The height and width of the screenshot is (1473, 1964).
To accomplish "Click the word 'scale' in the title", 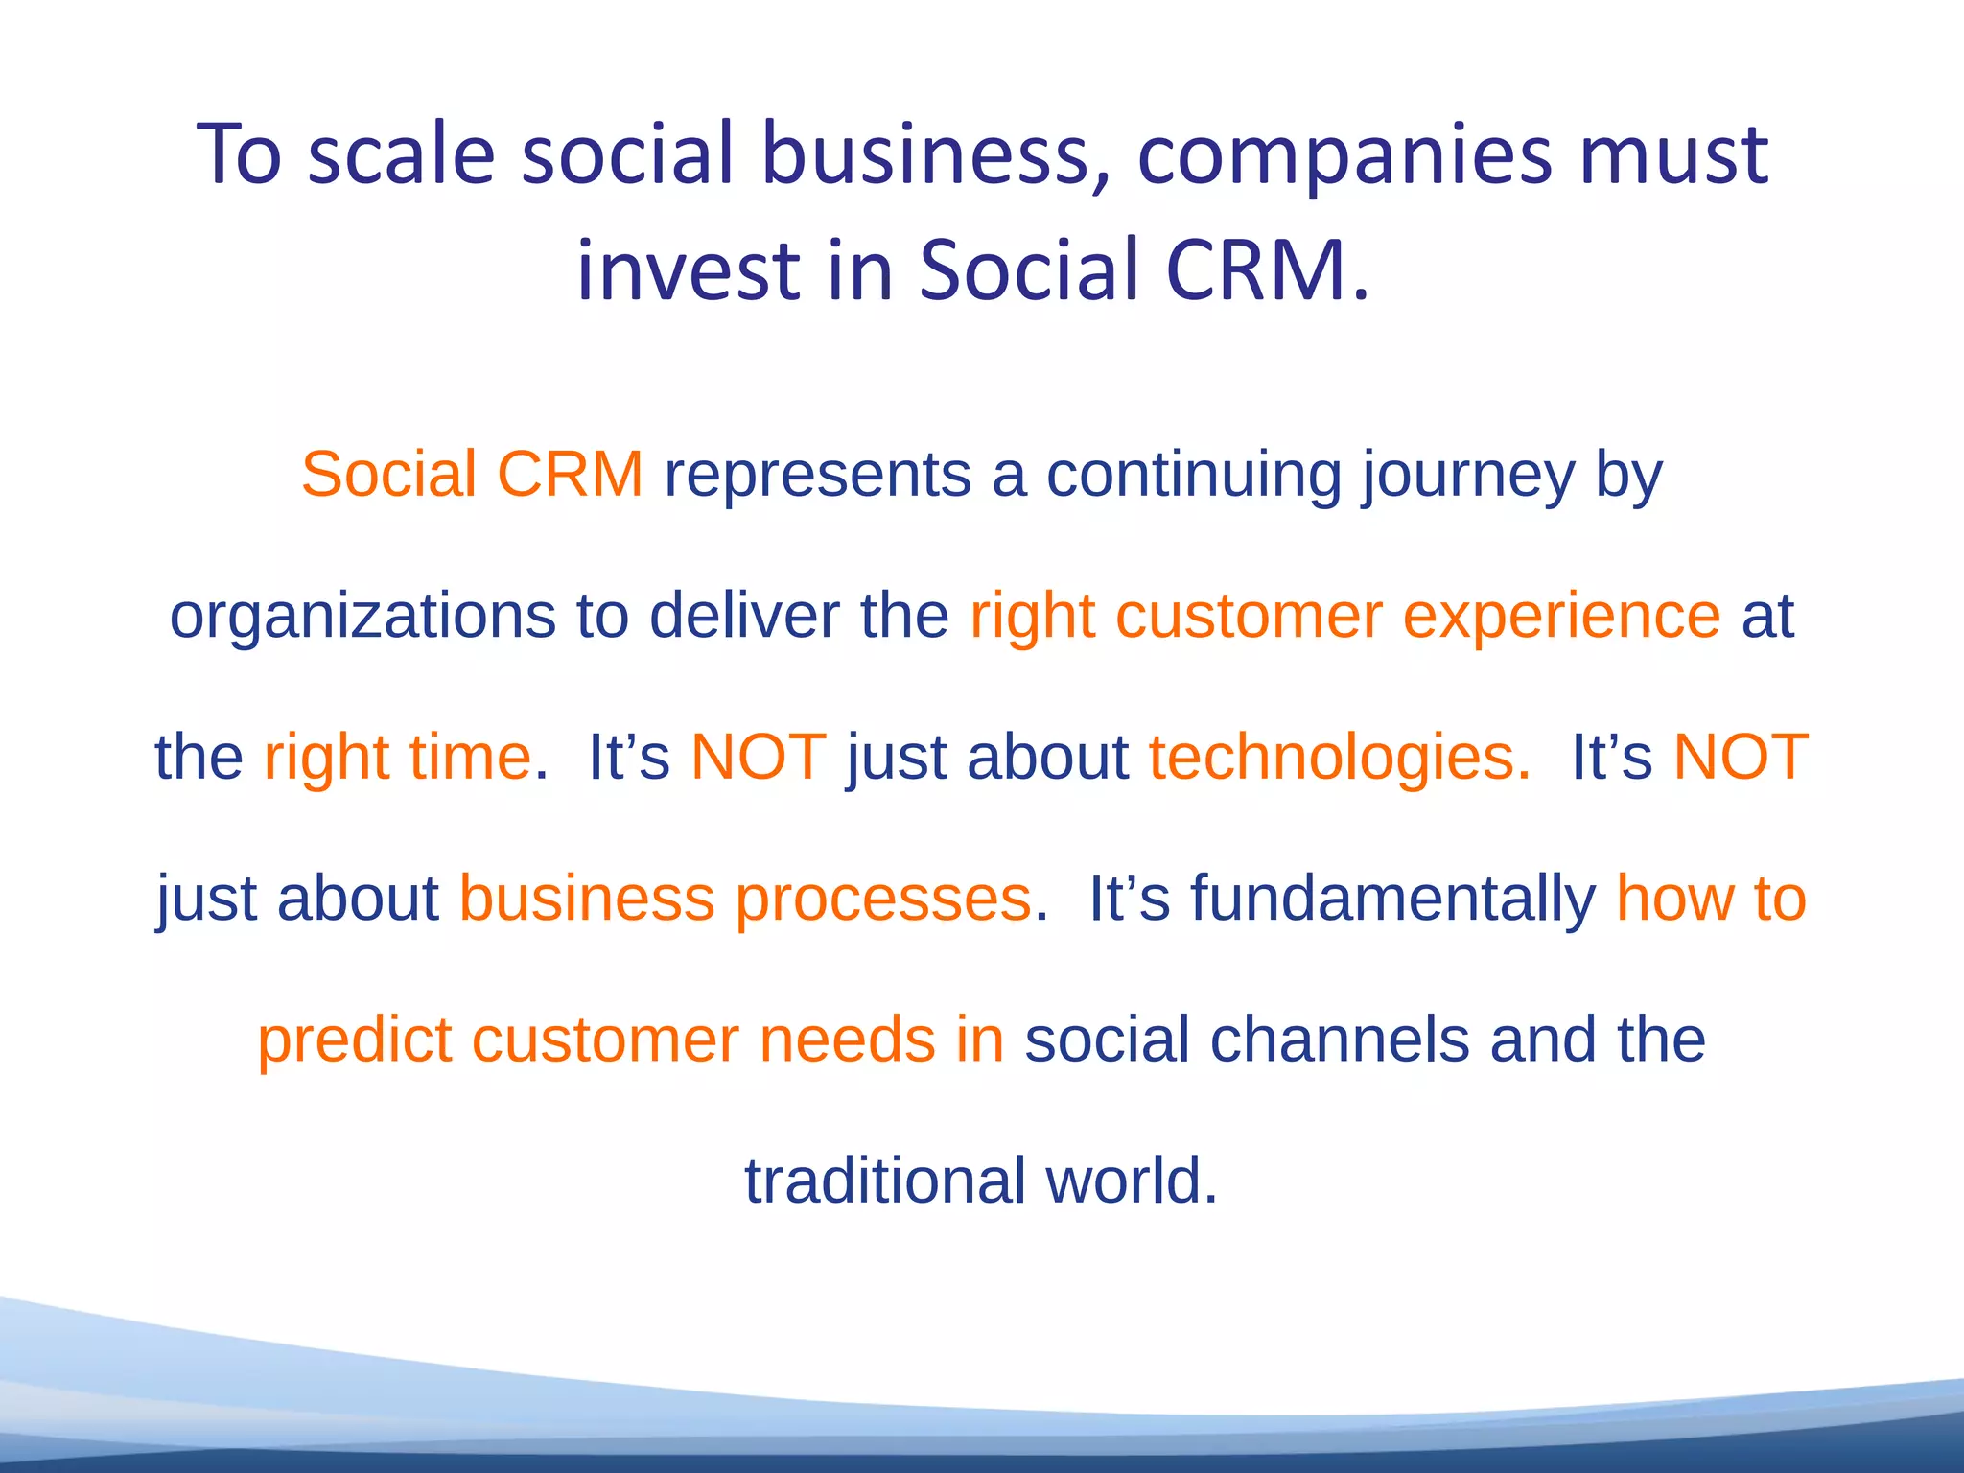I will (x=400, y=154).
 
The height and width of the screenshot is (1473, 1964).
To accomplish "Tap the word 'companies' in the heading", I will (x=1344, y=154).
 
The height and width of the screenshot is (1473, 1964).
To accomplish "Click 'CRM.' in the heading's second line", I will (x=1268, y=270).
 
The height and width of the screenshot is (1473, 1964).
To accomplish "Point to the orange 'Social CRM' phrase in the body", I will (x=472, y=474).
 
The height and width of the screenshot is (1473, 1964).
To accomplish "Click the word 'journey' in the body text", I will (x=1467, y=476).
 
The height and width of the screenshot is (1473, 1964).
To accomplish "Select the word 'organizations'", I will (x=362, y=617).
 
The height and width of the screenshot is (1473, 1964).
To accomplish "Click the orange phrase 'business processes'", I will (x=745, y=900).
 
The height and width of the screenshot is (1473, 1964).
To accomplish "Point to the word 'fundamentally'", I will (x=1393, y=900).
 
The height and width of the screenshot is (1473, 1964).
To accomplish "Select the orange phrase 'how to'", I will (x=1711, y=899).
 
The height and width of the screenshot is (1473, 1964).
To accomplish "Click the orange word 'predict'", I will (x=354, y=1040).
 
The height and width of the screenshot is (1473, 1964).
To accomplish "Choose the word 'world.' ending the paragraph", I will (x=1132, y=1181).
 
